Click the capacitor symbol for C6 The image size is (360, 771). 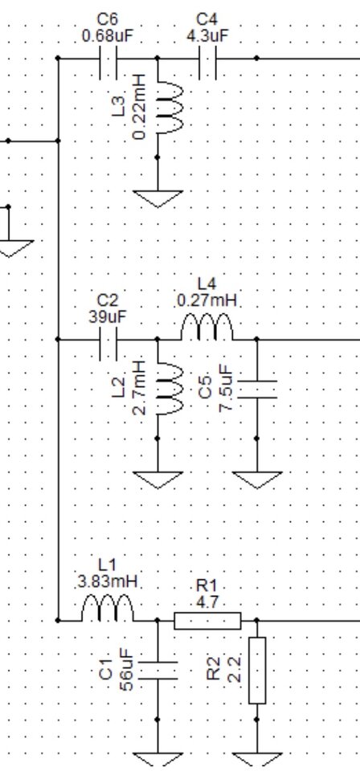108,59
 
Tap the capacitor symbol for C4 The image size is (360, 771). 207,59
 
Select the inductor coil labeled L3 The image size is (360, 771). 170,108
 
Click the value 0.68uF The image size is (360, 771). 108,36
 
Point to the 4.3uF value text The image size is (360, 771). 207,36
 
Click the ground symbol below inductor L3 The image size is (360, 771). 157,198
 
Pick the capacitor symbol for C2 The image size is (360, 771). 108,339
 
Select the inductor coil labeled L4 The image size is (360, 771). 207,328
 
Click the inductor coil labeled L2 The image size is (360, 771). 170,389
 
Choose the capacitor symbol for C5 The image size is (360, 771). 256,389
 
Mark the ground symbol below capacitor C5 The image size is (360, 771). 256,480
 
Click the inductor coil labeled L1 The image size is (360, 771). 108,609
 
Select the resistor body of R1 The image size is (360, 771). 207,621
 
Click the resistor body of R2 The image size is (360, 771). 256,670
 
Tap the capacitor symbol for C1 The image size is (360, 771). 157,670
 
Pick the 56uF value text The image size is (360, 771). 126,670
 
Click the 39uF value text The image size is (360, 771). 108,317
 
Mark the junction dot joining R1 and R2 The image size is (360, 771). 256,621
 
